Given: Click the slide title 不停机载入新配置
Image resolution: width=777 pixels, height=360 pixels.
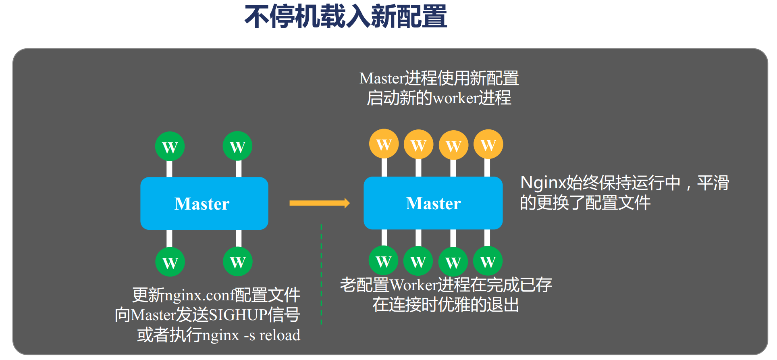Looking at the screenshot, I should (346, 17).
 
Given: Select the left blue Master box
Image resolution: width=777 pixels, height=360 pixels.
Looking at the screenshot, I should (204, 203).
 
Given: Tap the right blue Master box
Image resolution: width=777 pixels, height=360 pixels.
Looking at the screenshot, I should (433, 203).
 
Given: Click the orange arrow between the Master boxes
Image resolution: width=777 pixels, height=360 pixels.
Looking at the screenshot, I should (319, 203).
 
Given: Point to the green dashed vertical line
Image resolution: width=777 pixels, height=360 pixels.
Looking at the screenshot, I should (321, 274).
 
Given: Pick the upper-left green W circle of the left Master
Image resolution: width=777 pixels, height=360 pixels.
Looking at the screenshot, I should (170, 146).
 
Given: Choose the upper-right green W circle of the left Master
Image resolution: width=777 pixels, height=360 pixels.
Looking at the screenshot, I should (237, 146).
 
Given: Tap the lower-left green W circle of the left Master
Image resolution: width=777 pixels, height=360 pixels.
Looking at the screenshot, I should (170, 262).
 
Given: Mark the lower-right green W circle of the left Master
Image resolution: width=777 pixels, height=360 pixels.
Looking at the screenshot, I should (238, 262).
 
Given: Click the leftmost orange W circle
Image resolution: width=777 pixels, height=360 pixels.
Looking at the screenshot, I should (384, 144).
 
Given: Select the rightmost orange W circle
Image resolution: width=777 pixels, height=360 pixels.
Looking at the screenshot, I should (488, 144).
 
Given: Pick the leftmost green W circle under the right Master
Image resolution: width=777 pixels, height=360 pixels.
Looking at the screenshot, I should (383, 261).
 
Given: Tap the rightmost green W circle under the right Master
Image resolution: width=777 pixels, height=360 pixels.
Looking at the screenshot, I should (488, 261).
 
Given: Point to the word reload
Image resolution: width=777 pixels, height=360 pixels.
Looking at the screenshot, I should (280, 335).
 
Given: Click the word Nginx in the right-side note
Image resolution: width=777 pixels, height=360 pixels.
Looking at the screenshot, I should (543, 183).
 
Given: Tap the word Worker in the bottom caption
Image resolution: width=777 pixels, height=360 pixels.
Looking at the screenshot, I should (414, 285).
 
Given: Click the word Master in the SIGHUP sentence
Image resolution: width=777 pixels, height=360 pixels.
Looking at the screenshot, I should (154, 315).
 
